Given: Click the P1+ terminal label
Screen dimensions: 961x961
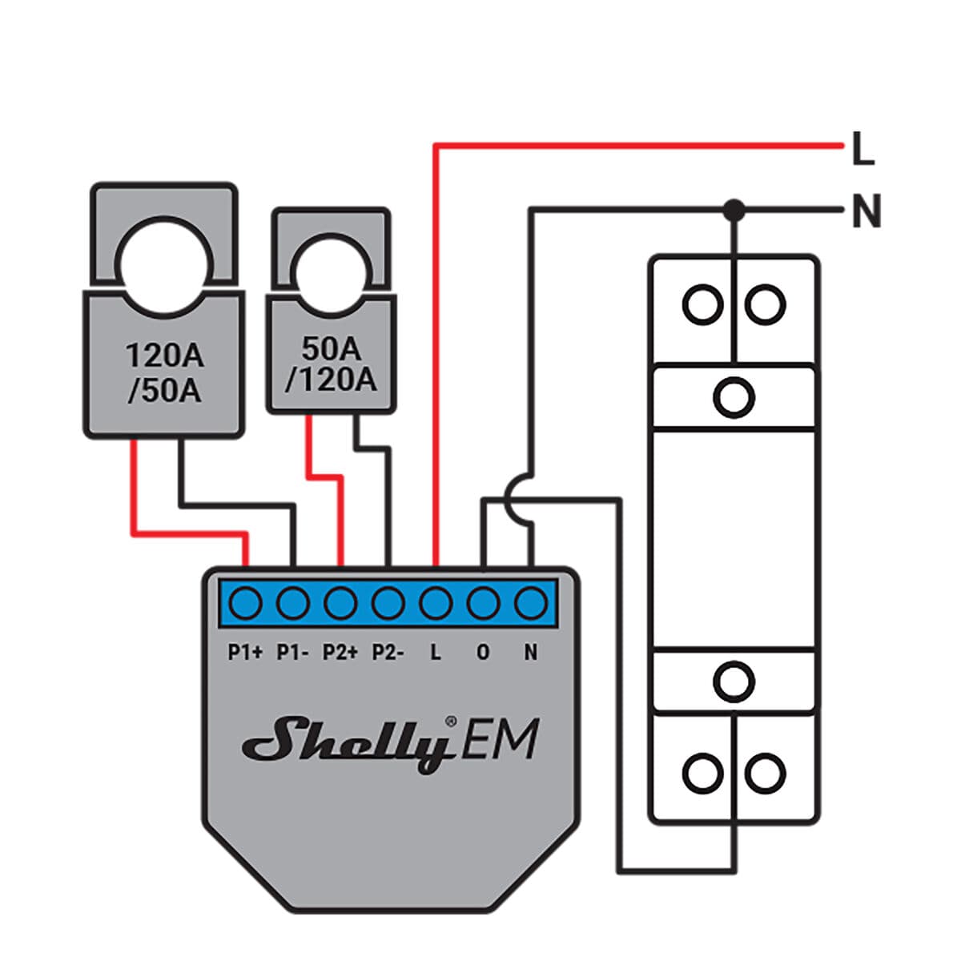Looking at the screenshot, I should pyautogui.click(x=245, y=653).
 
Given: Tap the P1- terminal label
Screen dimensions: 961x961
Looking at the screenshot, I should pyautogui.click(x=293, y=653).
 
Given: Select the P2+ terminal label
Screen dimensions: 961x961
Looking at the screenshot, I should pyautogui.click(x=340, y=653).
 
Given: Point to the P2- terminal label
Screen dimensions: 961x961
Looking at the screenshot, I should pyautogui.click(x=388, y=653).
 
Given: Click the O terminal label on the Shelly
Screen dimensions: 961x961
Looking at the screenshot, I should pyautogui.click(x=483, y=653).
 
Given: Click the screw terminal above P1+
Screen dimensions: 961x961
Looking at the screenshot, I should pyautogui.click(x=245, y=602).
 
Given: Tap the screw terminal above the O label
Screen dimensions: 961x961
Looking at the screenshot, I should pyautogui.click(x=483, y=602).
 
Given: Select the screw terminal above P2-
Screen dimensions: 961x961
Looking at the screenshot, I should pyautogui.click(x=388, y=602).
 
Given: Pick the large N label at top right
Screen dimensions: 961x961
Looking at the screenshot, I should pyautogui.click(x=866, y=212).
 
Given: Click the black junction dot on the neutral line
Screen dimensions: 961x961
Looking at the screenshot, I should pyautogui.click(x=734, y=211).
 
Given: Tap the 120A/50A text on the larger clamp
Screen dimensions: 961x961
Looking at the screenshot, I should pyautogui.click(x=164, y=373).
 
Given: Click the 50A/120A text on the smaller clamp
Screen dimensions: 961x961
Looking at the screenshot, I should pyautogui.click(x=331, y=364).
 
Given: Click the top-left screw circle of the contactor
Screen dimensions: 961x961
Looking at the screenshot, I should pyautogui.click(x=702, y=304).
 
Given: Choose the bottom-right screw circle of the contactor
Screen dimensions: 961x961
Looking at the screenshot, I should pyautogui.click(x=765, y=774).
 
